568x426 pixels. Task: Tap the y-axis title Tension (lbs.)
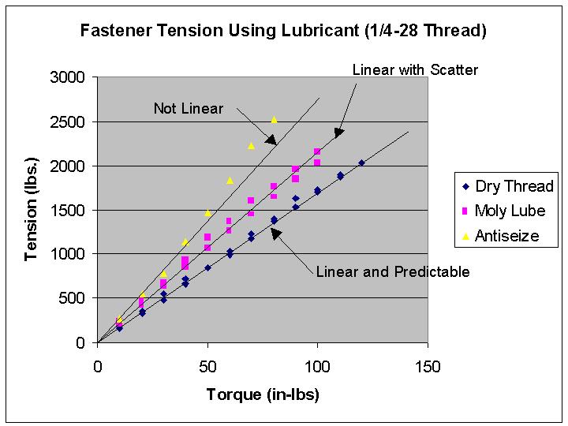pyautogui.click(x=32, y=211)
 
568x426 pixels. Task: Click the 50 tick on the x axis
pyautogui.click(x=207, y=367)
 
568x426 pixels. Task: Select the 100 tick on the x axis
pyautogui.click(x=317, y=367)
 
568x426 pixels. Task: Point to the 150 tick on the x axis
pyautogui.click(x=428, y=367)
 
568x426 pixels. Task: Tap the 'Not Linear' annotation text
pyautogui.click(x=189, y=108)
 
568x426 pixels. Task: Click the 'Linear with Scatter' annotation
pyautogui.click(x=415, y=69)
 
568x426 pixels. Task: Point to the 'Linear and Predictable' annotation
pyautogui.click(x=393, y=272)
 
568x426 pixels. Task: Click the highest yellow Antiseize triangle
pyautogui.click(x=274, y=120)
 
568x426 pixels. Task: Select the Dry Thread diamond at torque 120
pyautogui.click(x=361, y=163)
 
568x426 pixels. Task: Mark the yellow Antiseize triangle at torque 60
pyautogui.click(x=230, y=181)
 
